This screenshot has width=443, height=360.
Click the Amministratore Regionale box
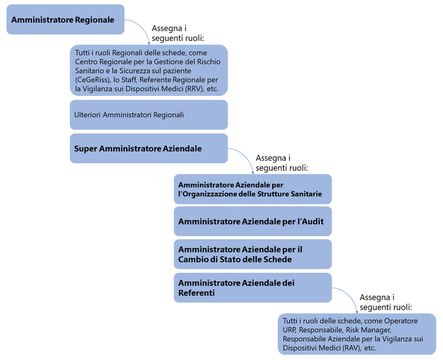(x=65, y=20)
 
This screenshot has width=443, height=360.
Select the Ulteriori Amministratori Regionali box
(x=148, y=114)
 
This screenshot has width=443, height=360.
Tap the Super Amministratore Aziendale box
(x=148, y=148)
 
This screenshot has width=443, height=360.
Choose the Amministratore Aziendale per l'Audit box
(x=252, y=222)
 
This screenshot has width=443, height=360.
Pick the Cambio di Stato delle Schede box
(x=252, y=254)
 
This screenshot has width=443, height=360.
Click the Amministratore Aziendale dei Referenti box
(x=252, y=288)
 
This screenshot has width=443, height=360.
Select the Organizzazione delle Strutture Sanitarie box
(x=252, y=189)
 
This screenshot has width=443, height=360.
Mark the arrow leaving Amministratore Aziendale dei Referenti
(x=348, y=297)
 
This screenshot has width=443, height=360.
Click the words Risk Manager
(x=368, y=330)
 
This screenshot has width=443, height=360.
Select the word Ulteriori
(x=89, y=114)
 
